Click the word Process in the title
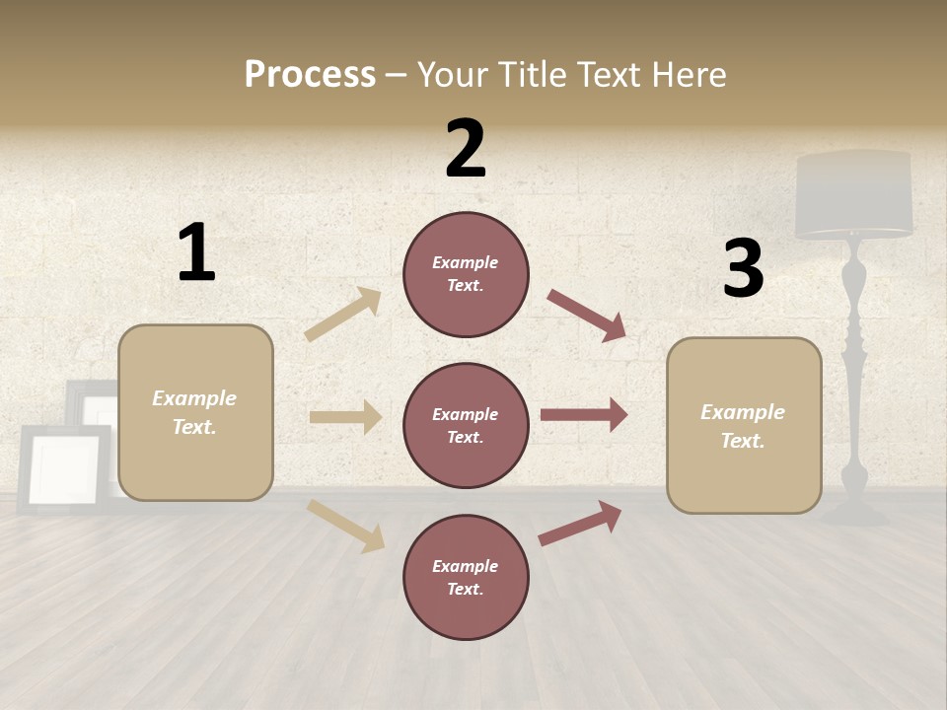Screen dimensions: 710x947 [x=310, y=75]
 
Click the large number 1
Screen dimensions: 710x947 [x=196, y=252]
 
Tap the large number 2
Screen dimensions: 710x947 [x=466, y=149]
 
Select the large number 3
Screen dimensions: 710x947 [x=743, y=269]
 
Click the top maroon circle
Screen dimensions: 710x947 [x=466, y=274]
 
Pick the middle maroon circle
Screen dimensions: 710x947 [x=466, y=426]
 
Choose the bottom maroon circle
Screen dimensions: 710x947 [x=466, y=578]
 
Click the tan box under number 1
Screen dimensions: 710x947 [x=195, y=412]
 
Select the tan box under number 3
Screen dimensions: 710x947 [x=744, y=426]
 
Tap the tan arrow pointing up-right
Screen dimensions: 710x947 [x=343, y=315]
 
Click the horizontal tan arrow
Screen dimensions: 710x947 [x=345, y=417]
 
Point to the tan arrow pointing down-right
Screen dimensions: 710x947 [x=345, y=526]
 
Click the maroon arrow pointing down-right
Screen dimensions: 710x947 [x=586, y=316]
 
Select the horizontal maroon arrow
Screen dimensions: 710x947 [x=584, y=415]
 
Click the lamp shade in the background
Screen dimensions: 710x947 [x=854, y=195]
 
